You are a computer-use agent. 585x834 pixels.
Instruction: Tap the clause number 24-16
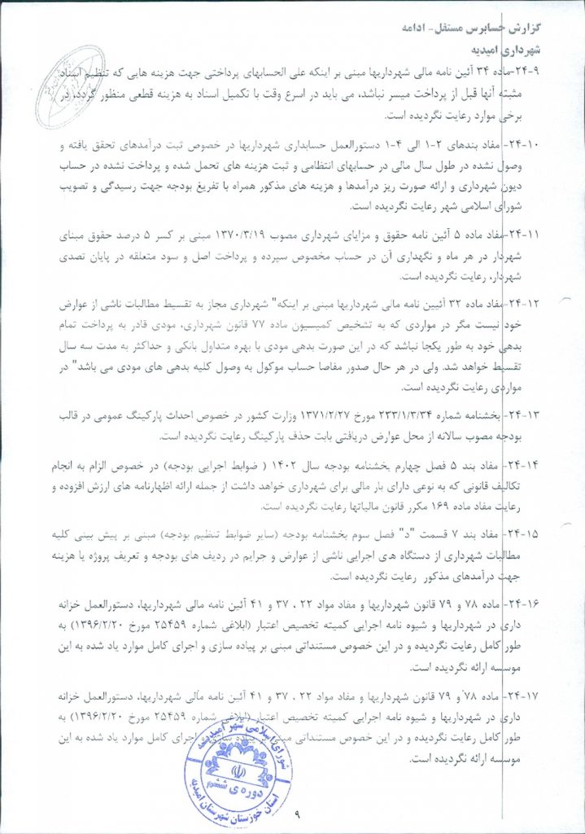[x=537, y=608]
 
